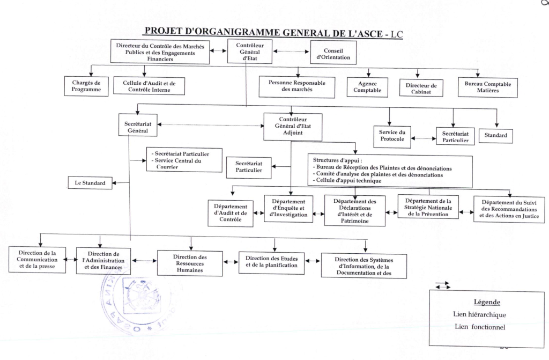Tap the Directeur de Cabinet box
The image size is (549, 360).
click(421, 88)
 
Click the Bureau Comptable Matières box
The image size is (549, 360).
click(488, 87)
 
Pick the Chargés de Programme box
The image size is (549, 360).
click(86, 86)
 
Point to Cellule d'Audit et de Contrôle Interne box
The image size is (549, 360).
click(146, 86)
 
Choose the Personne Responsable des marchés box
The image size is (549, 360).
click(296, 86)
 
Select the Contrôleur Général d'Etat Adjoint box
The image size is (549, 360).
click(293, 127)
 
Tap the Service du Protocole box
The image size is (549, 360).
click(392, 136)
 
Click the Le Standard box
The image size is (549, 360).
click(90, 183)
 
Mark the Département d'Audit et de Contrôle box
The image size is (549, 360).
click(231, 213)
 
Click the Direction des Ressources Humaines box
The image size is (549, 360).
click(190, 263)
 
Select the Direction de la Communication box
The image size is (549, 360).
click(38, 259)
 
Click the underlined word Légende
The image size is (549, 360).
click(486, 302)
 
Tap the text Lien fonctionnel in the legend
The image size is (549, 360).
click(479, 326)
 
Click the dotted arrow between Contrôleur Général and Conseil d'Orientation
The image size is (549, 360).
click(292, 52)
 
